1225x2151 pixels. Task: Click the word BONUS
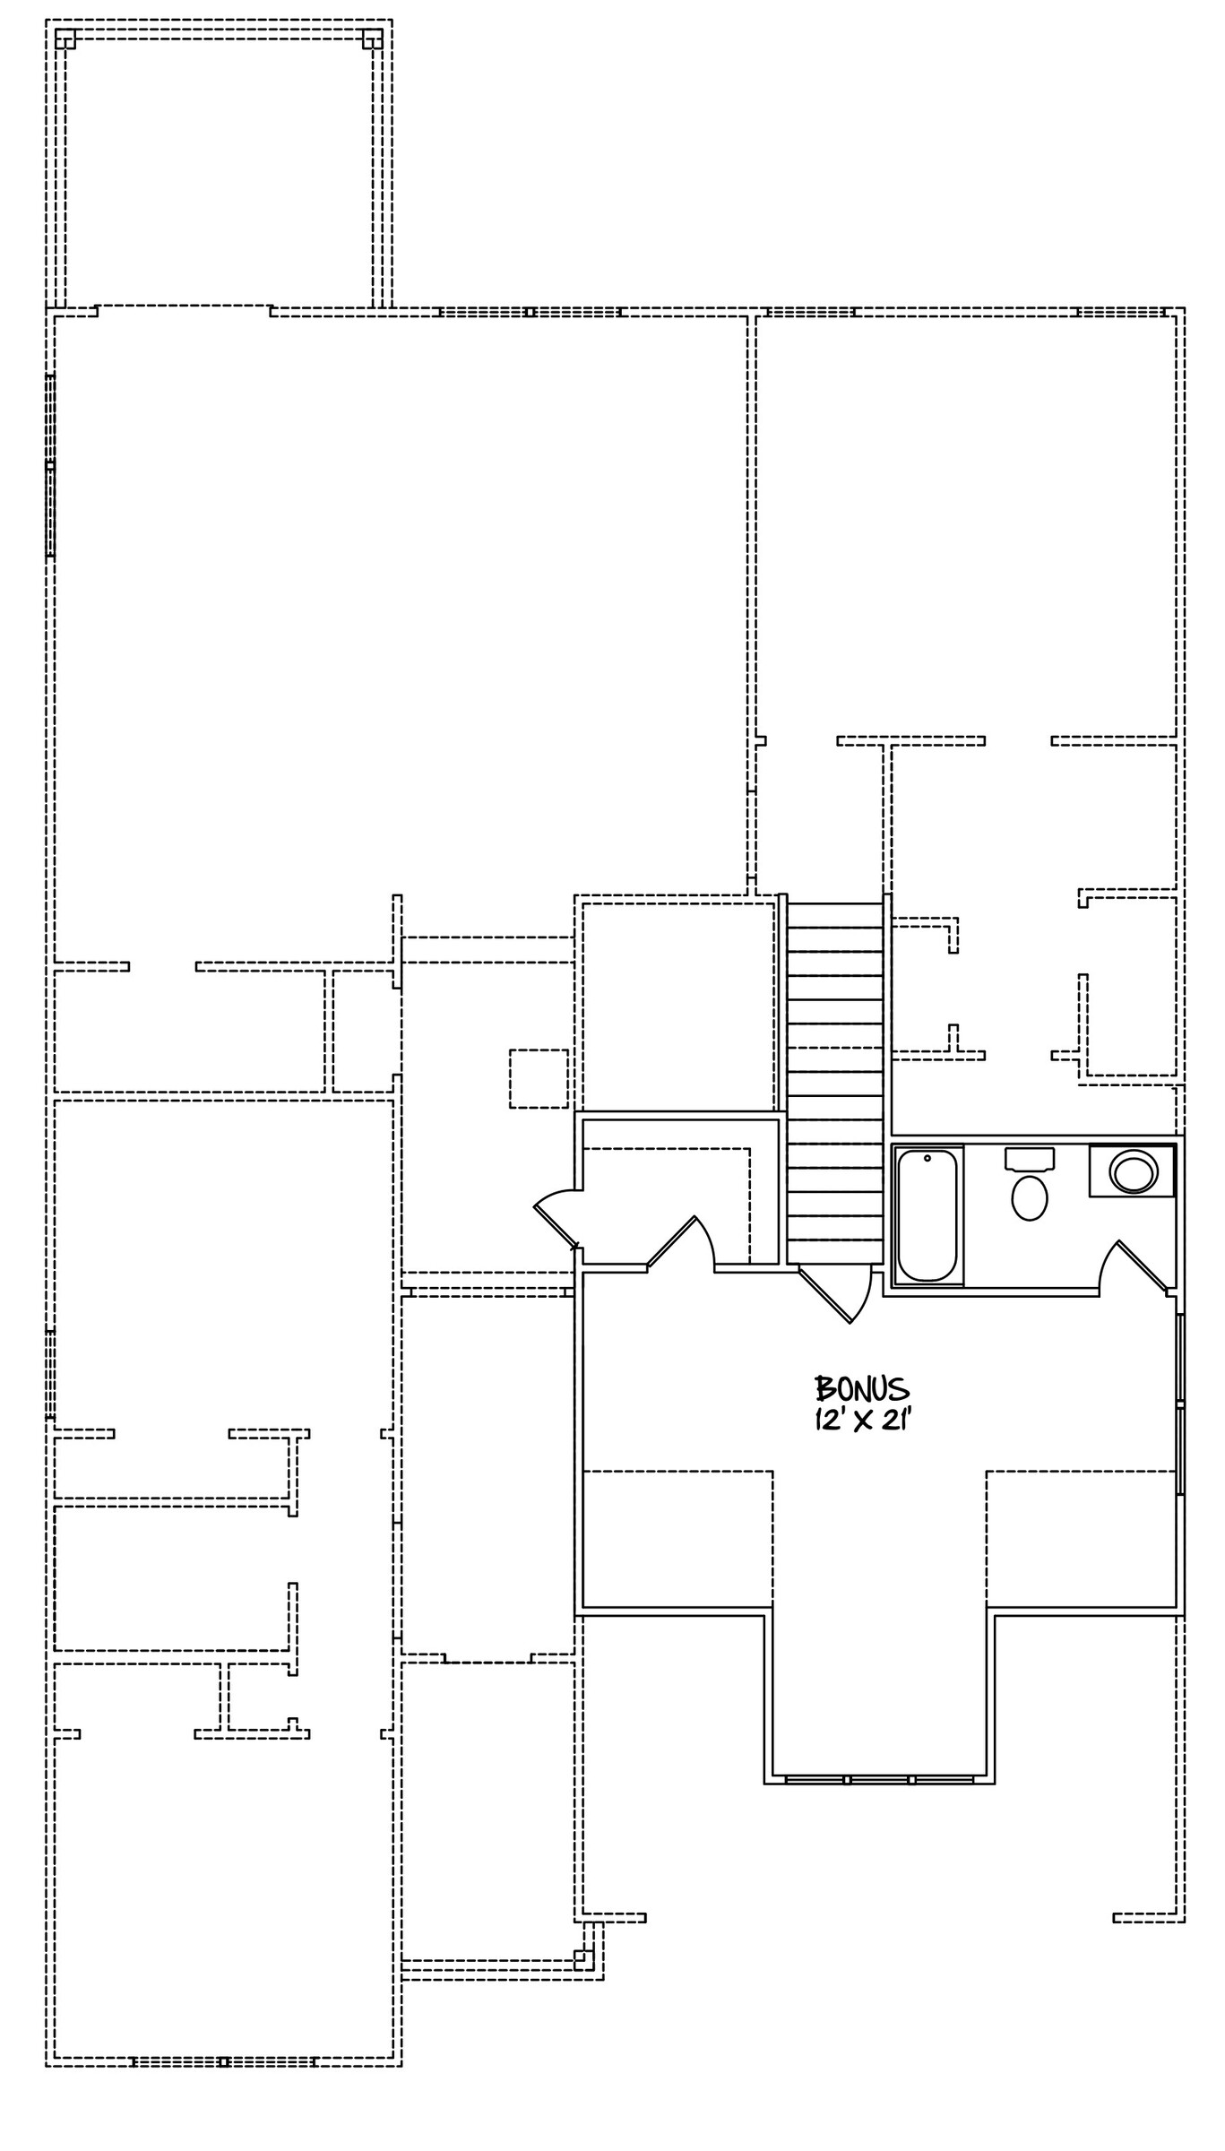coord(861,1389)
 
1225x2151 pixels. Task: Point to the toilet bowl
coord(1030,1198)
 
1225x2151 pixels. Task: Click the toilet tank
coord(1030,1159)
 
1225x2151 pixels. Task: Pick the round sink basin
coord(1133,1171)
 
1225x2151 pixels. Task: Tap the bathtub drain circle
coord(927,1158)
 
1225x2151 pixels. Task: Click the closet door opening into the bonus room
coord(681,1242)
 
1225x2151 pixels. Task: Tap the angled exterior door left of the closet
coord(557,1216)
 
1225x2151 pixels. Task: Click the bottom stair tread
coord(835,1251)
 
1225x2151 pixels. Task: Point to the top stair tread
coord(835,915)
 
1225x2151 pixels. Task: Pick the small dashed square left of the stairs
coord(539,1078)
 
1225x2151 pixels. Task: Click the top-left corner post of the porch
coord(65,39)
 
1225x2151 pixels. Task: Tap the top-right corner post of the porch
coord(373,39)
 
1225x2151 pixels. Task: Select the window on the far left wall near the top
coord(50,465)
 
